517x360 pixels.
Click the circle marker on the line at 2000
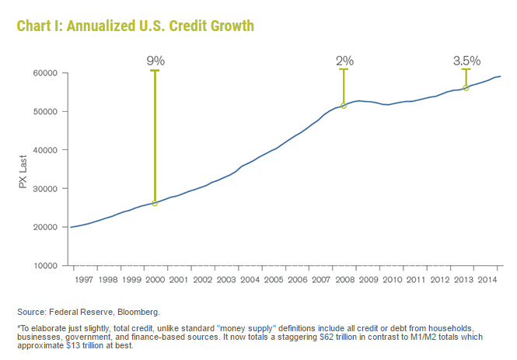(x=155, y=203)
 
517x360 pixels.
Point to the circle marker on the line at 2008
(x=344, y=106)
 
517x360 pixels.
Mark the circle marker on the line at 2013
(x=466, y=88)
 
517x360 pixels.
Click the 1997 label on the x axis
(x=83, y=278)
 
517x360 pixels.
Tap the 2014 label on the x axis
(x=487, y=278)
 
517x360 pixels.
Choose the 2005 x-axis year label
(x=274, y=278)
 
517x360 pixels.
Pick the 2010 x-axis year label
(x=393, y=278)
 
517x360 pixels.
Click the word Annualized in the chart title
(x=104, y=26)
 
